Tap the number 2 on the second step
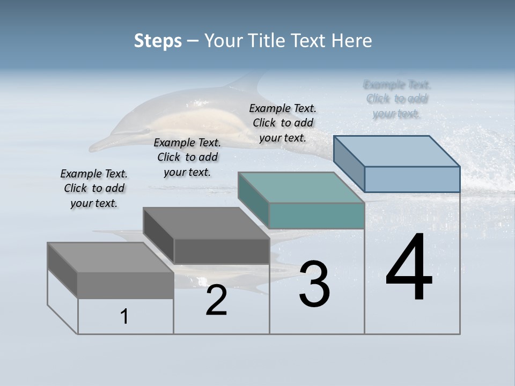[x=216, y=300]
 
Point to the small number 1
[x=124, y=317]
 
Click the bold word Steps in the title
[x=158, y=41]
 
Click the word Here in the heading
[x=352, y=41]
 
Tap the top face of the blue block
[x=397, y=151]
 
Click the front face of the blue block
[x=412, y=179]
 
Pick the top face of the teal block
[x=301, y=188]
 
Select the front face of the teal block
[x=317, y=216]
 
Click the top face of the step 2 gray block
[x=206, y=223]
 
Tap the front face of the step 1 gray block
[x=126, y=285]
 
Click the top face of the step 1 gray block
[x=111, y=257]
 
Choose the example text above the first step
[x=94, y=188]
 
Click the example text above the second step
[x=187, y=157]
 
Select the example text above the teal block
[x=283, y=123]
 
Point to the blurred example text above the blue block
[x=397, y=99]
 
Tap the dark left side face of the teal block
[x=253, y=200]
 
